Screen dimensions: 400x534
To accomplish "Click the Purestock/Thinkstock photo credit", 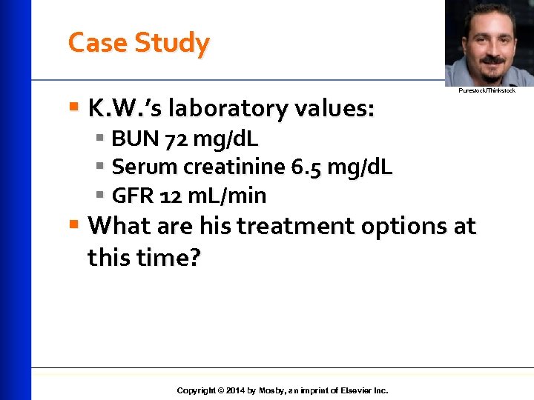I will [x=486, y=90].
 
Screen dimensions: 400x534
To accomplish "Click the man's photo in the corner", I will [x=487, y=42].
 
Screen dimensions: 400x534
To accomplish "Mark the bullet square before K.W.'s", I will [x=73, y=108].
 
